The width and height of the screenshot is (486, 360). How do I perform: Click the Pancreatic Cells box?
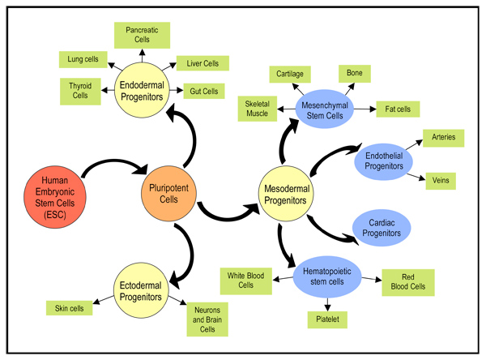tap(141, 34)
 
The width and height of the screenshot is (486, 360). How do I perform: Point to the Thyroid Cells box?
tap(80, 90)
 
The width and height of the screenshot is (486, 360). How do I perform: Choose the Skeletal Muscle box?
tap(258, 109)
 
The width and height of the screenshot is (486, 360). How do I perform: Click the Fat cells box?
tap(398, 108)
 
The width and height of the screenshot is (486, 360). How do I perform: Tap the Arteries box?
tap(449, 138)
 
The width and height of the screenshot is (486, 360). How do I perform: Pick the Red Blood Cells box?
tap(407, 281)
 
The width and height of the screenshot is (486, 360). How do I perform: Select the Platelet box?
tap(326, 320)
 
